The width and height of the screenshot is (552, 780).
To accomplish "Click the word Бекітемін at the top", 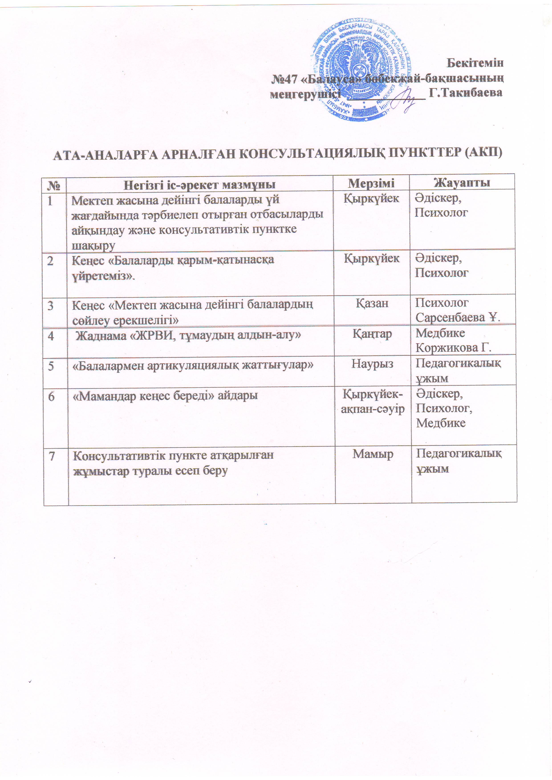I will tap(475, 63).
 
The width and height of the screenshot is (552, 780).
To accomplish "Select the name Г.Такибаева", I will tap(466, 93).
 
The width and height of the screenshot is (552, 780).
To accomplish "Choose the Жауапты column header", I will tap(462, 182).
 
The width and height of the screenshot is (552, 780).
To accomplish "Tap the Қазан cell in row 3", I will tap(372, 303).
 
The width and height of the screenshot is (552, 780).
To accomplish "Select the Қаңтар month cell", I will tap(372, 334).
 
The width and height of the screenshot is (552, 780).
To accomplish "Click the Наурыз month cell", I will tap(372, 364).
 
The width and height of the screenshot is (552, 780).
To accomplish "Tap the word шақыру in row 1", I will tap(93, 245).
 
